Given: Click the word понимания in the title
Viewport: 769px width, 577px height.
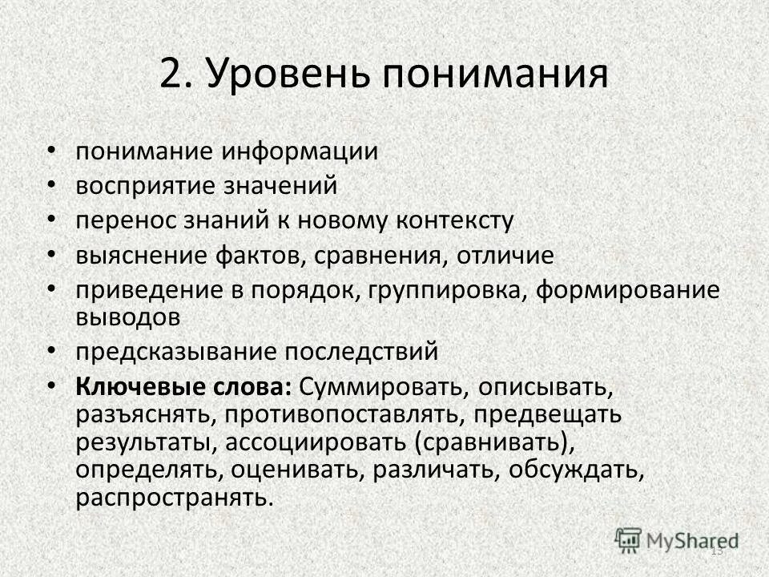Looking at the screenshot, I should point(493,74).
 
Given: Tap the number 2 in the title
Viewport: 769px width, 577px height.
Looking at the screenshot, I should point(173,74).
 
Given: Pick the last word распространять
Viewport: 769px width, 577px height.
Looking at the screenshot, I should point(174,498).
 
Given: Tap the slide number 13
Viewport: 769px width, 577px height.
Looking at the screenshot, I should point(716,550).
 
